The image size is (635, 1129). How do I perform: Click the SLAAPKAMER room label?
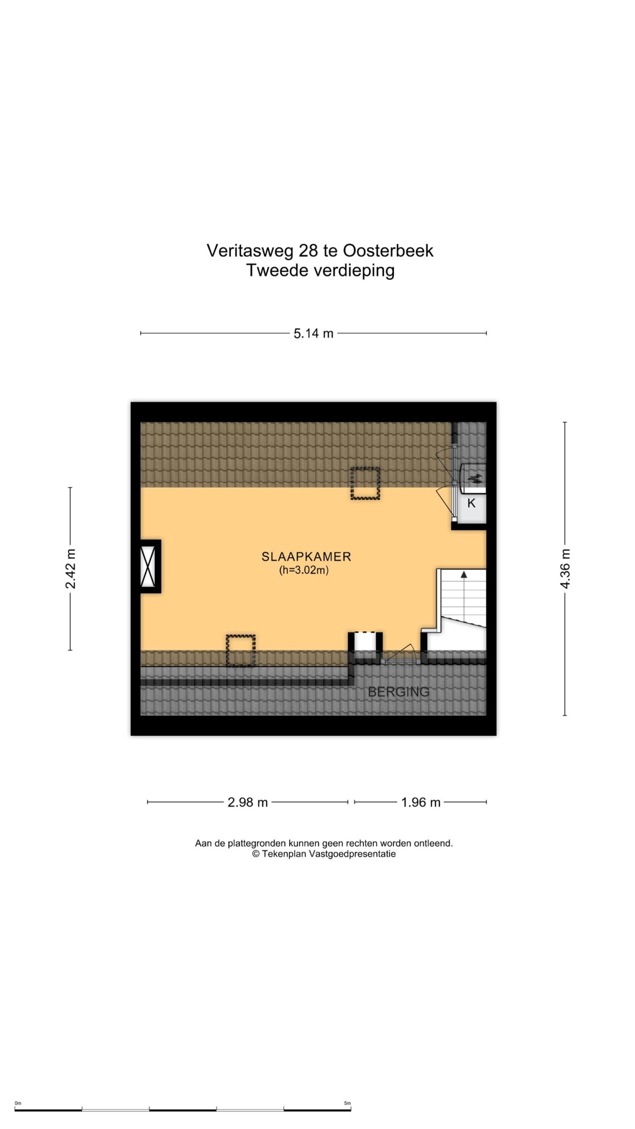306,557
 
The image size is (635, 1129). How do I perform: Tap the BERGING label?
399,692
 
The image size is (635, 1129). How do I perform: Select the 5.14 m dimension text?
314,333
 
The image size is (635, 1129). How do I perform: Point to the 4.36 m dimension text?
565,568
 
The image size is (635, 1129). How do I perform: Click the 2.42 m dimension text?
71,569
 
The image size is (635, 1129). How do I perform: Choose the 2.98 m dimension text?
248,802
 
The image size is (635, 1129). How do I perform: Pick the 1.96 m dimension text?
421,802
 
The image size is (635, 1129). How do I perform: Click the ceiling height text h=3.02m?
304,570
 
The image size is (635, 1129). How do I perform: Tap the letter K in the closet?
471,503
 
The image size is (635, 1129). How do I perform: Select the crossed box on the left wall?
148,566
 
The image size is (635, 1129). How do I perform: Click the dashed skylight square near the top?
365,483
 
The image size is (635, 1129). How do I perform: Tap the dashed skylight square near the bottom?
241,650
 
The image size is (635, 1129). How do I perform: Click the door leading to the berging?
401,660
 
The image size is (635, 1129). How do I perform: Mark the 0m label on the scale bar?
18,1103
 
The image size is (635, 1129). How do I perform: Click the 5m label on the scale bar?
347,1103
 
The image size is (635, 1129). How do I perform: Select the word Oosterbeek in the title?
388,251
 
